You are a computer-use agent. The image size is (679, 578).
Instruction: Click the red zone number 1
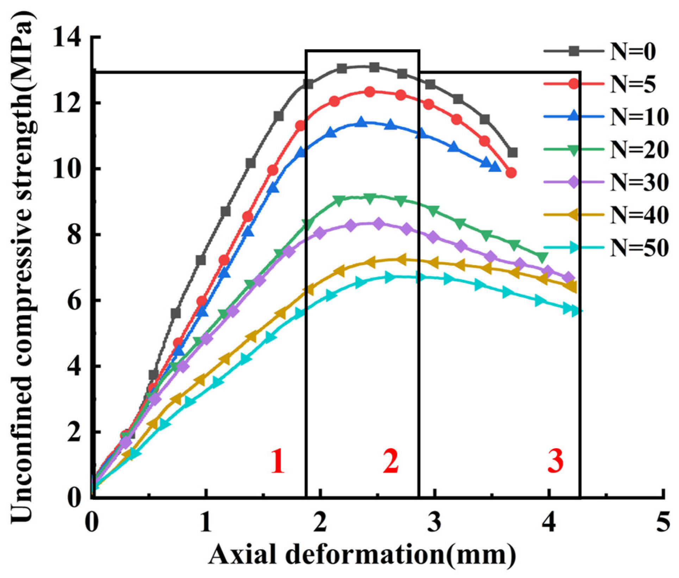pyautogui.click(x=278, y=461)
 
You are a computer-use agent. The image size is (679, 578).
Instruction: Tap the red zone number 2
pyautogui.click(x=391, y=461)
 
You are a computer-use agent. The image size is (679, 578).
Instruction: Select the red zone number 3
pyautogui.click(x=555, y=461)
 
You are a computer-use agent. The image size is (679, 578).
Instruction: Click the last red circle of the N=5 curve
pyautogui.click(x=512, y=173)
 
